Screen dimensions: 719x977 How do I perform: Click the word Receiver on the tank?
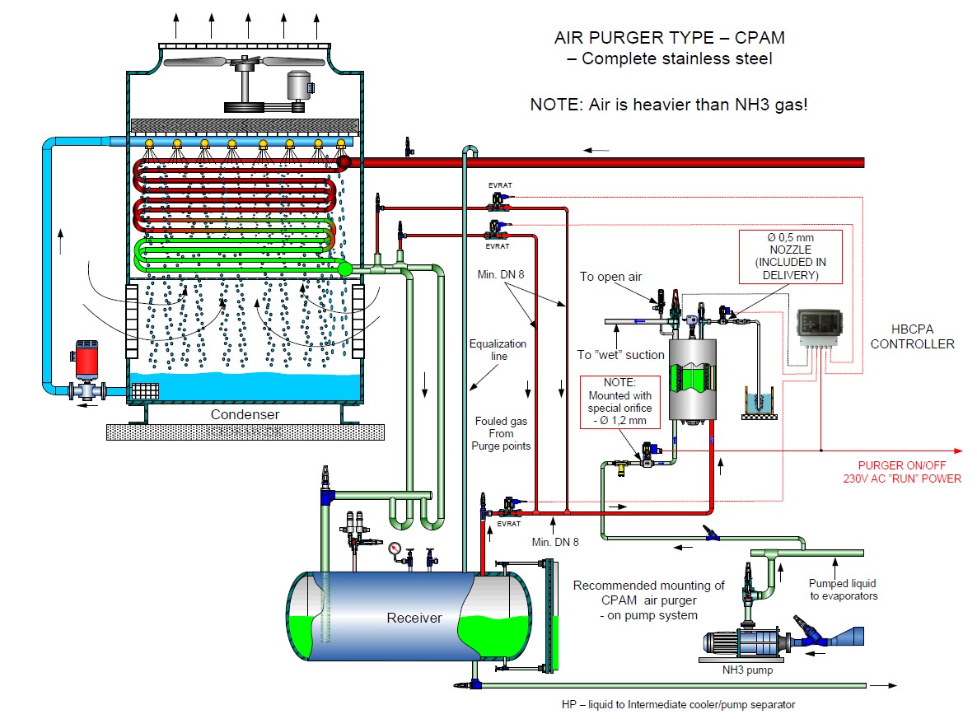pos(414,618)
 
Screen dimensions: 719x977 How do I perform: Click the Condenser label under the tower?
pos(245,415)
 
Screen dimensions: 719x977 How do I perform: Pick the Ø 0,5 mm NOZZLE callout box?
pos(790,256)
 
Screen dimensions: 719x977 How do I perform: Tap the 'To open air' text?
pos(610,277)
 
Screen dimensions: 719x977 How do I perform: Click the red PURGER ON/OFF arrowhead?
pos(958,451)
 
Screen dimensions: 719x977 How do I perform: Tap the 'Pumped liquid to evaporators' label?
pos(844,590)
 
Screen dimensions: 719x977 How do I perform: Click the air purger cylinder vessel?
pos(691,377)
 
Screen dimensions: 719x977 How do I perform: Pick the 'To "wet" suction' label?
pos(620,355)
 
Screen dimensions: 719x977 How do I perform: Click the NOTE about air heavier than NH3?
pos(668,105)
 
